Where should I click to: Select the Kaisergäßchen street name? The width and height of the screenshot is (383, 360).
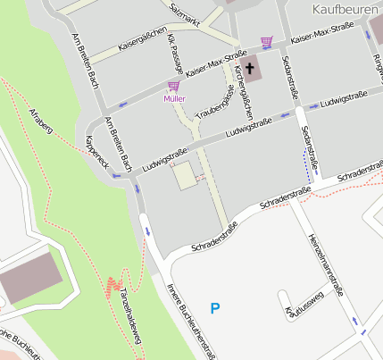(144, 40)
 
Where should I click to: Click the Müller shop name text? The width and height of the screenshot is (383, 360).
(174, 98)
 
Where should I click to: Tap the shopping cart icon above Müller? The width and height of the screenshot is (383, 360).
(173, 87)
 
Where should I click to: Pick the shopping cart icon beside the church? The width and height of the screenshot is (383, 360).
(266, 41)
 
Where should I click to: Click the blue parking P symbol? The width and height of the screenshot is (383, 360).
(214, 308)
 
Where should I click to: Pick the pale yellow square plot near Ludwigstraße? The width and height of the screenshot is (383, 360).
(184, 175)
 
